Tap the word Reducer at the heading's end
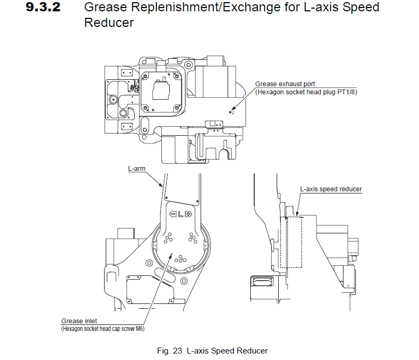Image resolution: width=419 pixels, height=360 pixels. coord(109,23)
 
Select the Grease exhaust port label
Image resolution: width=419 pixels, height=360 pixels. coord(285,84)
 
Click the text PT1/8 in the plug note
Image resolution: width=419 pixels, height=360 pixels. coord(346,92)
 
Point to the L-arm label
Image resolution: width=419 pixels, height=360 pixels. coord(136,169)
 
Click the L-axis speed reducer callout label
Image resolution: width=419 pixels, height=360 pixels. coord(331,189)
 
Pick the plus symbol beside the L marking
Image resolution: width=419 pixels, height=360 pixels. coord(189,214)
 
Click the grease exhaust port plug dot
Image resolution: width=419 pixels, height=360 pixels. coord(230,113)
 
